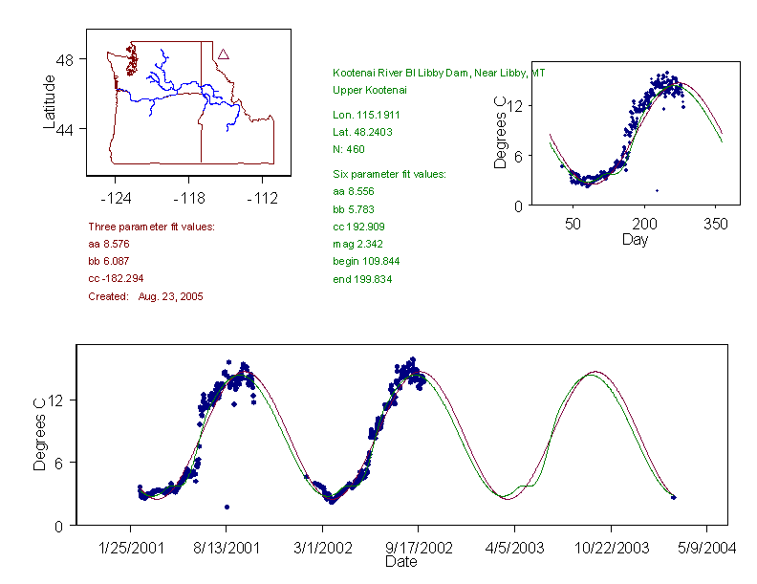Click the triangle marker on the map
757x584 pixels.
click(x=223, y=54)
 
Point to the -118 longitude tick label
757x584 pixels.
click(x=189, y=199)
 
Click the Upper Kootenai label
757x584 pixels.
click(x=370, y=90)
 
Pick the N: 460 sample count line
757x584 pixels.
click(x=349, y=149)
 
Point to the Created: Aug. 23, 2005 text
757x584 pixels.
click(x=145, y=296)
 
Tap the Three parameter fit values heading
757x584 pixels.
click(x=151, y=227)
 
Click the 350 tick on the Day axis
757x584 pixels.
click(x=716, y=224)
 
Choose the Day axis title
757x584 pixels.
click(x=635, y=239)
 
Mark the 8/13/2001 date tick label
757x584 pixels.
click(x=227, y=548)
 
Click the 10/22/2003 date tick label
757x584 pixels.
click(x=610, y=548)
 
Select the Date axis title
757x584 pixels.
click(x=400, y=562)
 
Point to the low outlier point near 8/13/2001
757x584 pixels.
click(x=227, y=507)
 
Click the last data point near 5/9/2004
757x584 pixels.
click(x=674, y=497)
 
